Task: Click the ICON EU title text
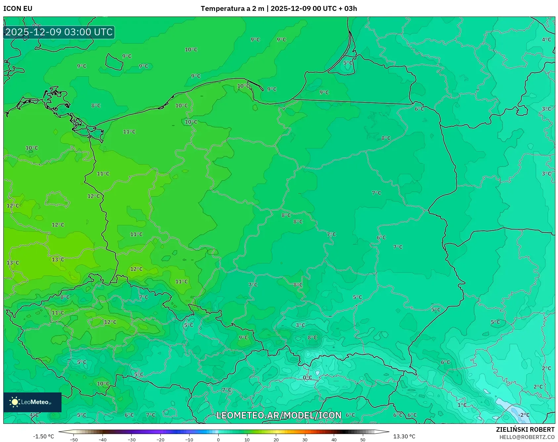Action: coord(18,9)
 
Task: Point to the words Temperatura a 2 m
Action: coord(232,9)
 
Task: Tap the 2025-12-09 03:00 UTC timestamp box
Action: coord(59,32)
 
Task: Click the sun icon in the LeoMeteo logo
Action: coord(15,402)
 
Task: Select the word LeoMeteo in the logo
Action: coord(35,402)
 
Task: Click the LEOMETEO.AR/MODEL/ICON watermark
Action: coord(279,415)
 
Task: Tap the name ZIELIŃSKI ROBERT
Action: coord(525,429)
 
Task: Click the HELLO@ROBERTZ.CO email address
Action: coord(527,437)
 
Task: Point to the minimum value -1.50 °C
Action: coord(43,436)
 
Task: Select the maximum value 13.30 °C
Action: coord(404,436)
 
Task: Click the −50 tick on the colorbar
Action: coord(74,440)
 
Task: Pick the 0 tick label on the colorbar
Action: coord(218,440)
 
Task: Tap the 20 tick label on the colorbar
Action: coord(276,440)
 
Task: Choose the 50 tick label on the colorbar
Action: coord(363,440)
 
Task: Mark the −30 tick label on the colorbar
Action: coord(132,440)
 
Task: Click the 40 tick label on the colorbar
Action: coord(334,440)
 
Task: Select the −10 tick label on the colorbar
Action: coord(189,440)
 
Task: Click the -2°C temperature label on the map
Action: coord(524,415)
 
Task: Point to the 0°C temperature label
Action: coord(307,378)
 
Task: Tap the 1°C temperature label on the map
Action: coord(462,405)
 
